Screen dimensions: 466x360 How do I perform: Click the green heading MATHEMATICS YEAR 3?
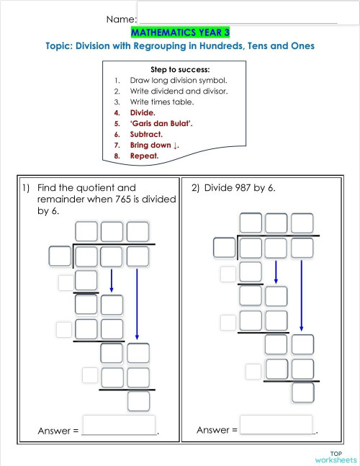click(180, 32)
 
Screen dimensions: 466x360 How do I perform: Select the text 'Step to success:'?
click(180, 69)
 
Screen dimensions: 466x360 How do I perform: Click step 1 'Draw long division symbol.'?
click(178, 80)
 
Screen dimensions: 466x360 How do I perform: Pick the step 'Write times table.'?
click(162, 102)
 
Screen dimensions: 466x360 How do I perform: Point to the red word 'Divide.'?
click(143, 112)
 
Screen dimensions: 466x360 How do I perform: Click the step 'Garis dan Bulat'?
click(161, 123)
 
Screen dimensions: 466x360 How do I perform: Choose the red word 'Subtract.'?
click(146, 134)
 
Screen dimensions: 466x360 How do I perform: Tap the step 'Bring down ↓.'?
click(153, 145)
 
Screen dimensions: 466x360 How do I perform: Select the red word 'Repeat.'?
click(144, 156)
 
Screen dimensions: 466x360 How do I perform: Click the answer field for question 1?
click(120, 425)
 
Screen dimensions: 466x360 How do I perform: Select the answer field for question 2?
click(276, 425)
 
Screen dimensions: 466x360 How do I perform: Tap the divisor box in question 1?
click(59, 256)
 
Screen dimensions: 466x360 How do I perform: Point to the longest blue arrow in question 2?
click(301, 295)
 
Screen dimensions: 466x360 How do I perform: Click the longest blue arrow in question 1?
click(137, 303)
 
